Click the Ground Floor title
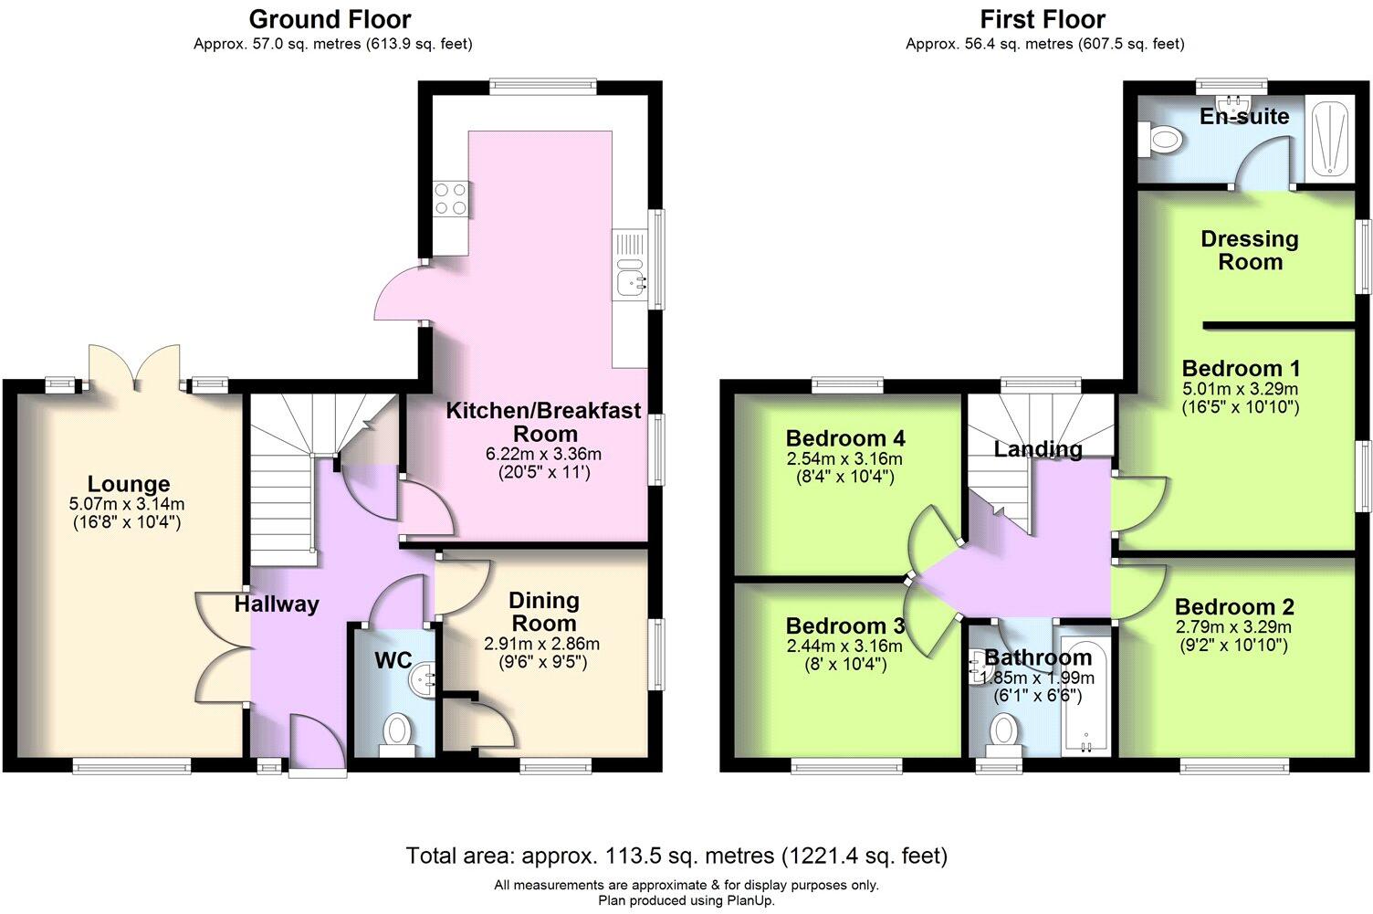330,19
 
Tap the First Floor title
1043,19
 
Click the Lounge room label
129,484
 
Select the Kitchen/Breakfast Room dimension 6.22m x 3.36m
543,454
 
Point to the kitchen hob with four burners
452,198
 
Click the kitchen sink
630,279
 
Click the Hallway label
277,604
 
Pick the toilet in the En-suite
1162,141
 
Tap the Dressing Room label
1249,250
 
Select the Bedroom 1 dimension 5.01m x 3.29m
1240,389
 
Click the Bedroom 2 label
1234,607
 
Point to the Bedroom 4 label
844,438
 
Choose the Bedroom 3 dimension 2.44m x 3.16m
844,646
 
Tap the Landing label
1038,449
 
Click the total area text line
676,856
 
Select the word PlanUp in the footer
749,900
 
